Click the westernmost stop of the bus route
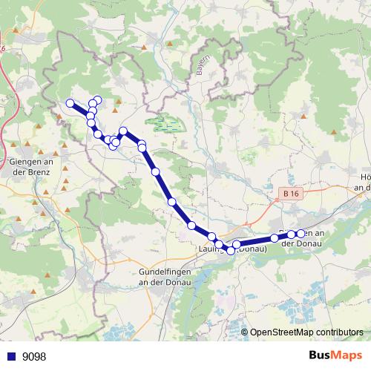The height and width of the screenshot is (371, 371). pos(70,103)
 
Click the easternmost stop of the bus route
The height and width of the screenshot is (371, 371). pos(301,234)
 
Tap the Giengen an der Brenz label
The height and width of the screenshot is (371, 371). pos(31,167)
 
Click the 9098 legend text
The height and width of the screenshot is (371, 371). pos(34,356)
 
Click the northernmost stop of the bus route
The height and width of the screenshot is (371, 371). pos(97,100)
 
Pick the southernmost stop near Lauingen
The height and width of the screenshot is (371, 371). pos(231,251)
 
